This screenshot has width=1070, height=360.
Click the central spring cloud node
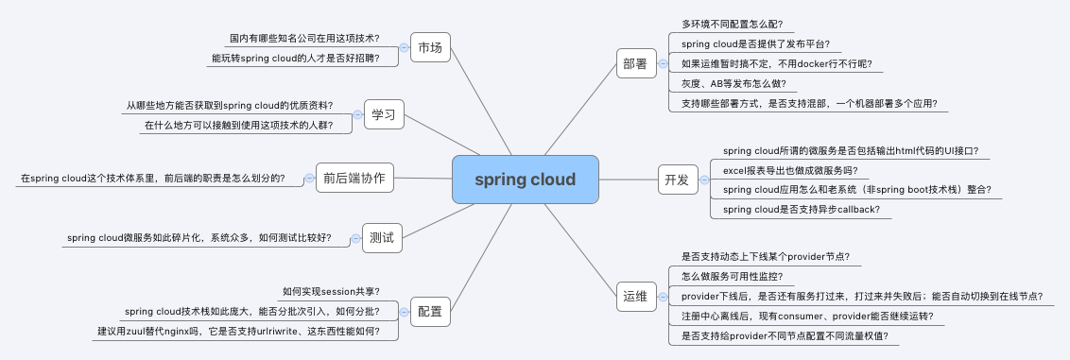525,180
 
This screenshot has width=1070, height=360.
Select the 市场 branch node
431,47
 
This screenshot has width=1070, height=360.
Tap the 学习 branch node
384,114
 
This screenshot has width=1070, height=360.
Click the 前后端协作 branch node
354,177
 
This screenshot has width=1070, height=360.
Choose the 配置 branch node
430,310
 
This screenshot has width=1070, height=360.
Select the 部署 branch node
635,64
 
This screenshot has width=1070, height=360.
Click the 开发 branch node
677,180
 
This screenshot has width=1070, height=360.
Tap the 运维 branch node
634,297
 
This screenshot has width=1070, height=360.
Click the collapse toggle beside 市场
404,47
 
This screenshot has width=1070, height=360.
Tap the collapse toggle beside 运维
661,297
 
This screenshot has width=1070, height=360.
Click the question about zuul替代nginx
238,331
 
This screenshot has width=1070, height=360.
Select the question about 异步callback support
801,209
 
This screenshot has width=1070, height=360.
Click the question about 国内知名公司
304,39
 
